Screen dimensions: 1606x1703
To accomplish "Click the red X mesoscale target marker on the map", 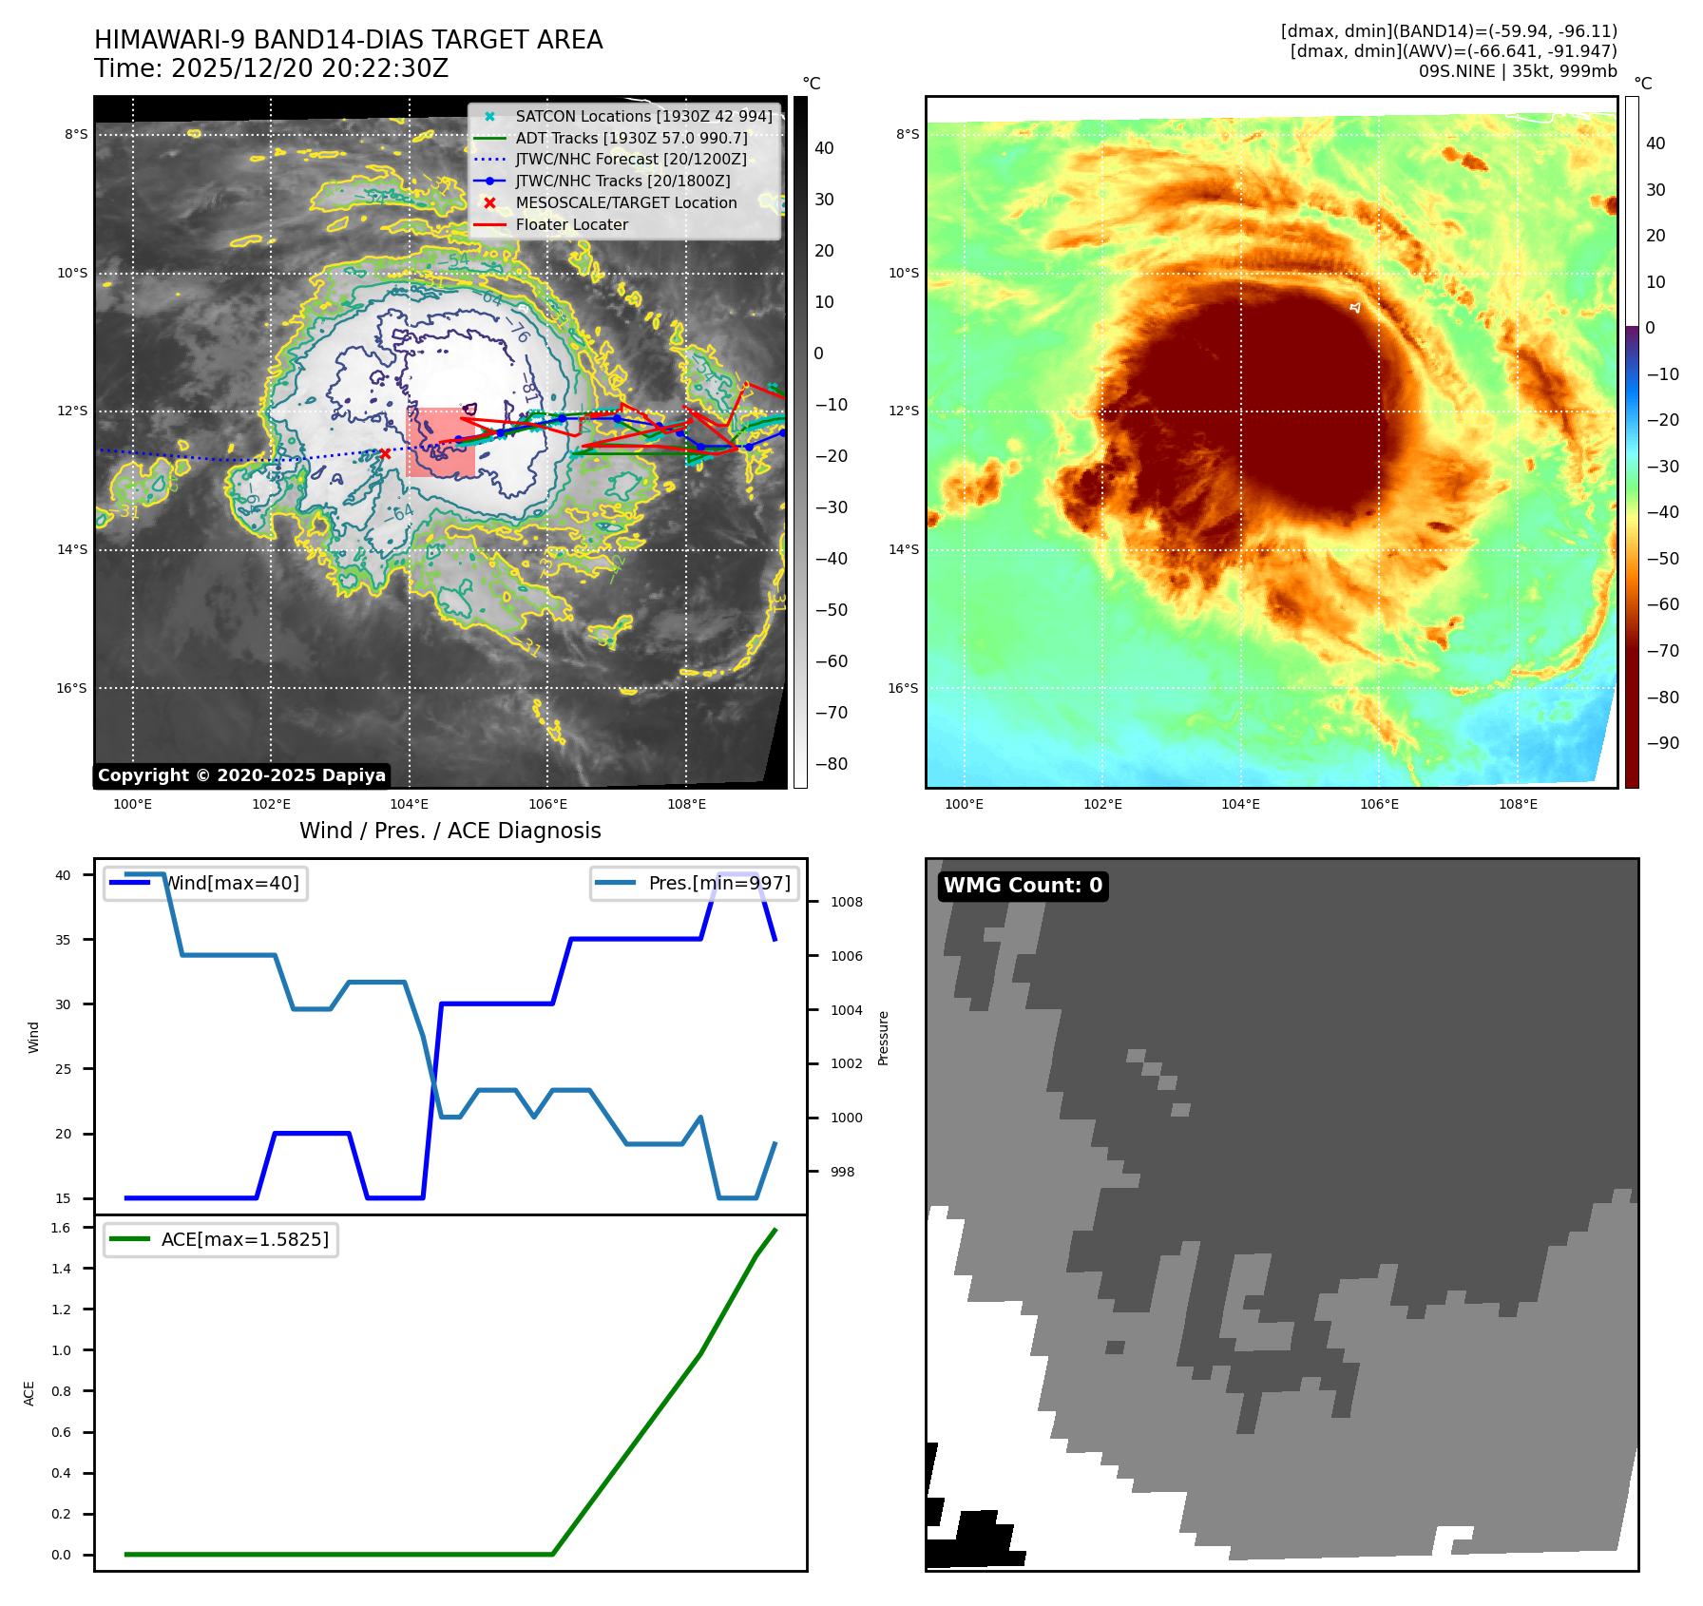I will pos(385,454).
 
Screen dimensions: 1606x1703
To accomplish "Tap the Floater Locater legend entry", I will pos(571,225).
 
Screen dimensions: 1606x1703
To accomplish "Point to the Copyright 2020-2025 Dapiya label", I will pos(241,775).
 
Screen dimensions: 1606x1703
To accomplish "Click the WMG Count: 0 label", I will pos(1023,886).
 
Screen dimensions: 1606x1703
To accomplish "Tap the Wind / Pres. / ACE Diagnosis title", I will pos(450,832).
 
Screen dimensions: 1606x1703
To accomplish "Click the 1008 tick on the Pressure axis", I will pos(846,903).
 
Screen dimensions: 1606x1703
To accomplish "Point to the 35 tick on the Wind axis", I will pos(63,940).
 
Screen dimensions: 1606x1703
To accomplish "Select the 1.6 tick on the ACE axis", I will pos(61,1228).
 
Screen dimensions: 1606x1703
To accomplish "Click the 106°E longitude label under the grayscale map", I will pos(547,805).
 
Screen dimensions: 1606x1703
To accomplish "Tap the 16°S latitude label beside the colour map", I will pos(903,688).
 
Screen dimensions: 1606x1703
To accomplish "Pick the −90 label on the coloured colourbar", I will pos(1662,743).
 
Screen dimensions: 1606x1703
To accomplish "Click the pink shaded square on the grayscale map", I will pos(441,443).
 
